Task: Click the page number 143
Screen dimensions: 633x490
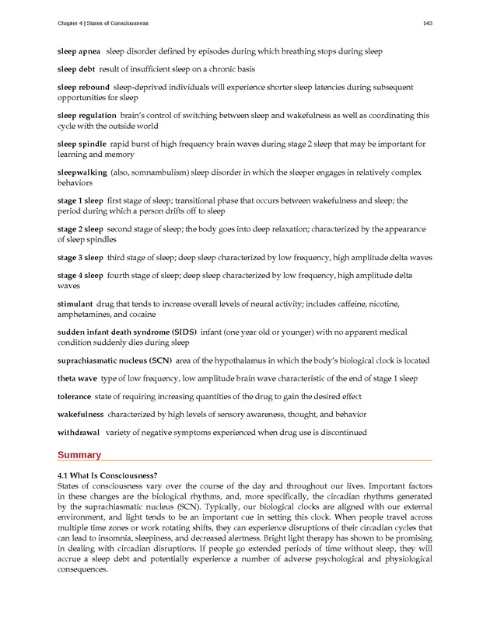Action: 427,23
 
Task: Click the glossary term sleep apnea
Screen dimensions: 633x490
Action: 79,51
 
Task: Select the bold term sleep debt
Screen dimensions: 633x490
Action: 75,69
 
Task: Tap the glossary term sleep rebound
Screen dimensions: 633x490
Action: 83,88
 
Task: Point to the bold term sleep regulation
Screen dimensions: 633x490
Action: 86,116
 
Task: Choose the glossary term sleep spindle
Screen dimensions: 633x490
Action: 82,144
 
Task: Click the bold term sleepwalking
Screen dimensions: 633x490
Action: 82,172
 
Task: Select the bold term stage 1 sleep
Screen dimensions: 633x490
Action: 80,200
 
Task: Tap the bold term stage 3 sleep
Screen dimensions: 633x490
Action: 80,257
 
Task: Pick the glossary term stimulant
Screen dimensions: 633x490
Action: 75,304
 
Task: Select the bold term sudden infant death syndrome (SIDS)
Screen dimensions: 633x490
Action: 127,332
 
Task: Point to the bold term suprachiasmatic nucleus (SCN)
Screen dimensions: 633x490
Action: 114,360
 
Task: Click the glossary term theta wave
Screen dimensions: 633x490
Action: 77,378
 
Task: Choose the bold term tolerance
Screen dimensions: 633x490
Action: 75,396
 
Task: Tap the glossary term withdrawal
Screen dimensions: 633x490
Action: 79,432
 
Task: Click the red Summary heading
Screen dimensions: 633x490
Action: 79,455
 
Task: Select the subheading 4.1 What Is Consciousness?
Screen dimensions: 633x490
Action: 107,475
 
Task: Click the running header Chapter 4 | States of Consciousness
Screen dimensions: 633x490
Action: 103,23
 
